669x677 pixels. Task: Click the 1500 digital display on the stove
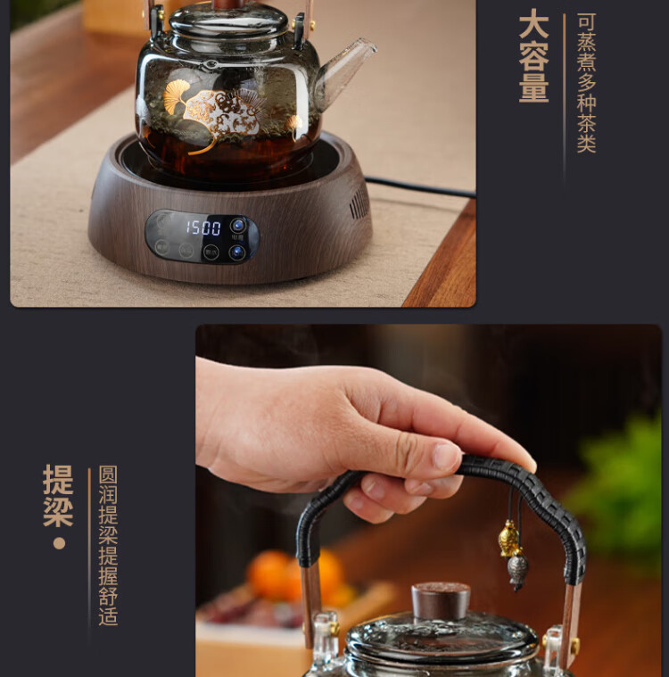tap(203, 227)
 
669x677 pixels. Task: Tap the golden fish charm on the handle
tap(508, 539)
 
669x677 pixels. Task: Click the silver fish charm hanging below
tap(518, 571)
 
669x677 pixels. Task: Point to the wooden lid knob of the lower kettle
tap(441, 600)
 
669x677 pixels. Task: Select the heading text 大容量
tap(533, 56)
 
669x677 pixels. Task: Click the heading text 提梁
tap(58, 495)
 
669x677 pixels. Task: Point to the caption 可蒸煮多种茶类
tap(587, 82)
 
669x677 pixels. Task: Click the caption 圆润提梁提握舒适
tap(108, 546)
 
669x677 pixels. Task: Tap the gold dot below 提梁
tap(59, 543)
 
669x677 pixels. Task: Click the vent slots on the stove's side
tap(359, 203)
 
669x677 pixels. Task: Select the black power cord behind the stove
tap(420, 186)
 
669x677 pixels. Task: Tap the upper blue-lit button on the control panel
tap(238, 225)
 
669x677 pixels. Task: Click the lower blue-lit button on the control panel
tap(237, 252)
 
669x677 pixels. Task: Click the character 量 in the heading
tap(533, 88)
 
